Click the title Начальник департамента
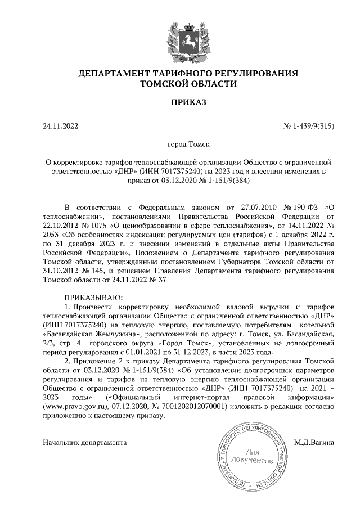coord(84,443)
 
